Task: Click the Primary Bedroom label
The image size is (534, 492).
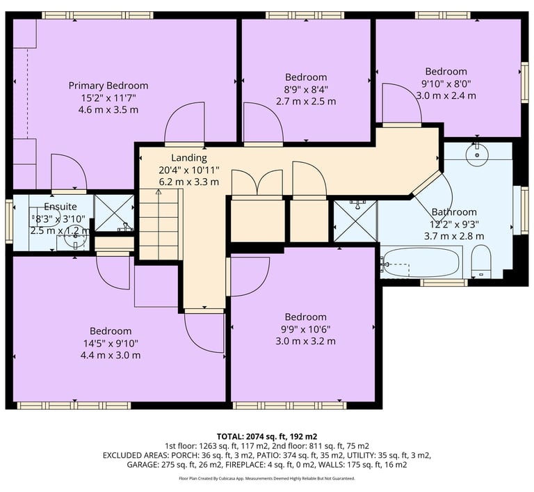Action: (x=108, y=86)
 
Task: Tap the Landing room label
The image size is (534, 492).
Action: (x=189, y=157)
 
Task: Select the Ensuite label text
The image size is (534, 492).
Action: (x=60, y=206)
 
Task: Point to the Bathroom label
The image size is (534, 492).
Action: (x=454, y=212)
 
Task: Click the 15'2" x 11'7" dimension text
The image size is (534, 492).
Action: (x=108, y=98)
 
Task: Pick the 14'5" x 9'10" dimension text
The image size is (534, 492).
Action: (x=111, y=343)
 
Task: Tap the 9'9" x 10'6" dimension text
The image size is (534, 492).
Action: (x=305, y=329)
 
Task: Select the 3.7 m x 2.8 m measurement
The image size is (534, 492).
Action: (x=454, y=236)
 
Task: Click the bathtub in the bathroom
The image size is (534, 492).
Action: (x=421, y=262)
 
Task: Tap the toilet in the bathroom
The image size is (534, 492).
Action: (x=481, y=261)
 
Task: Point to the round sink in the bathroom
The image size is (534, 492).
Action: (x=477, y=154)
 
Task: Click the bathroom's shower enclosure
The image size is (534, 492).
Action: (x=356, y=221)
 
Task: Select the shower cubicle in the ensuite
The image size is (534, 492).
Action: (x=114, y=213)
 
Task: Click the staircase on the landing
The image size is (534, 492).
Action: (x=159, y=225)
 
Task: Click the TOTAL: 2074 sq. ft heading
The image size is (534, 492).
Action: (x=267, y=436)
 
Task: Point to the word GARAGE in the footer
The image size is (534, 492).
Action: (x=141, y=464)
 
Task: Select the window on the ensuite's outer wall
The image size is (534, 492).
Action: (x=9, y=221)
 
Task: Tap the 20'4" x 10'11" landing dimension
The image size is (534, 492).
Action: (x=189, y=170)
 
